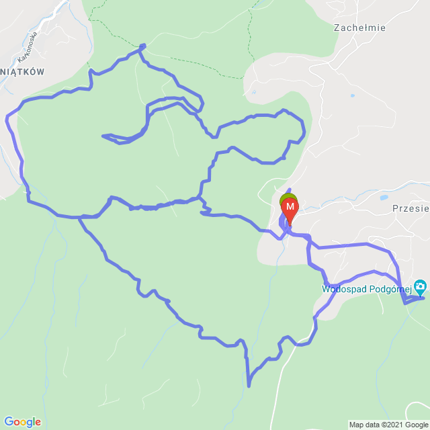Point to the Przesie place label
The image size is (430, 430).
tap(410, 208)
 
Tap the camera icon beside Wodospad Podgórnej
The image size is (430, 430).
tap(421, 287)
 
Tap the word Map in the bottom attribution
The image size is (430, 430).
tap(356, 425)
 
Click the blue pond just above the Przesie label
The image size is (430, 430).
tap(383, 198)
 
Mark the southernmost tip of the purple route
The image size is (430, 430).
tap(249, 386)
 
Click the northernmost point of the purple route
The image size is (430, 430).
tap(142, 45)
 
